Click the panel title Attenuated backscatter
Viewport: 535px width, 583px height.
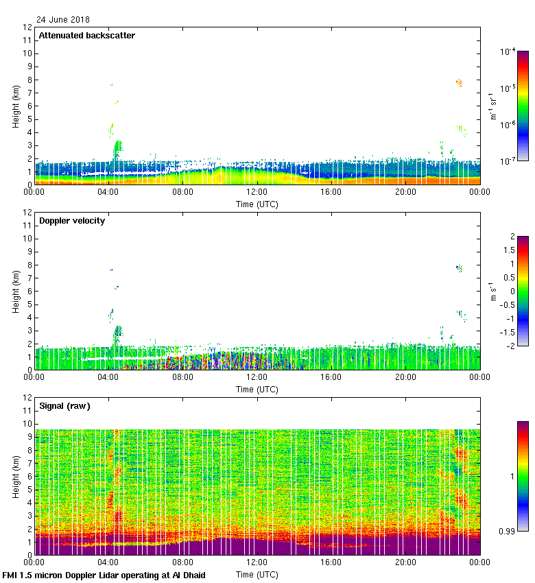pyautogui.click(x=87, y=35)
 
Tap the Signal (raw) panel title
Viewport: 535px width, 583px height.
pyautogui.click(x=64, y=405)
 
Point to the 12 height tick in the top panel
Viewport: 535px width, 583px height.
pyautogui.click(x=28, y=27)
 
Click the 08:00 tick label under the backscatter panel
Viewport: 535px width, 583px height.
pyautogui.click(x=182, y=193)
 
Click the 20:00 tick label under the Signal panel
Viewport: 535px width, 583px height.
pyautogui.click(x=405, y=563)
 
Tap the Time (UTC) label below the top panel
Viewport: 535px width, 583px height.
pyautogui.click(x=257, y=204)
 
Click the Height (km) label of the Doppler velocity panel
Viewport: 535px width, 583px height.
pyautogui.click(x=15, y=291)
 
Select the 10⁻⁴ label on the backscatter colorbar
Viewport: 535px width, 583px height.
pyautogui.click(x=508, y=51)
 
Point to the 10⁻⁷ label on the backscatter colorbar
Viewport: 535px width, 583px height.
pyautogui.click(x=508, y=161)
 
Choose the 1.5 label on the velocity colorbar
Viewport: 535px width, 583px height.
pyautogui.click(x=510, y=250)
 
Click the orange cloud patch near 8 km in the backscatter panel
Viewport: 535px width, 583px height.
pyautogui.click(x=459, y=83)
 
